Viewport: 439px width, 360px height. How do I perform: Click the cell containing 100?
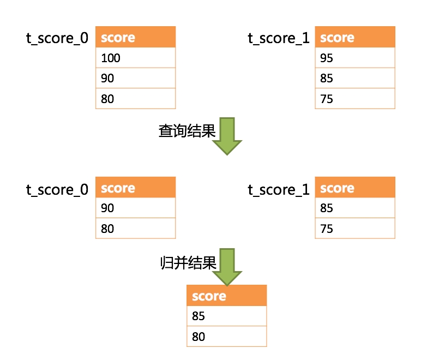pos(135,58)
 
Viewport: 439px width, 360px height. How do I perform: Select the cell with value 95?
pos(354,58)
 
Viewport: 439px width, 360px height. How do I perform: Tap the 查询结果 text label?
pos(187,131)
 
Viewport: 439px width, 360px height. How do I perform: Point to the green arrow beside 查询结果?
pos(226,136)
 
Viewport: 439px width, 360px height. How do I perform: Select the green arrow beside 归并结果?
pos(226,267)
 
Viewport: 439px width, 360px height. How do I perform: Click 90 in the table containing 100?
pos(135,79)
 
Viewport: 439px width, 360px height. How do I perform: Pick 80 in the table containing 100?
pos(135,99)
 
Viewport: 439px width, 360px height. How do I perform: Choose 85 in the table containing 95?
pos(354,79)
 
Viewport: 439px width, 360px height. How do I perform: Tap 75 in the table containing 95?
pos(354,99)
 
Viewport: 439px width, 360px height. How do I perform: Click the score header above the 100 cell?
pos(135,38)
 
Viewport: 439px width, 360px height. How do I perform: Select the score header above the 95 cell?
pos(354,38)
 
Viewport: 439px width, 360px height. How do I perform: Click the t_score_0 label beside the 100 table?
pos(57,38)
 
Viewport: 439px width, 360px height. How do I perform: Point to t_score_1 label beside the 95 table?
pos(279,38)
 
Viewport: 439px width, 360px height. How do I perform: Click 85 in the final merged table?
pos(226,316)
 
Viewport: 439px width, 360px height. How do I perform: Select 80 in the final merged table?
pos(226,337)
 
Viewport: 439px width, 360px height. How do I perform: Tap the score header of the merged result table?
pos(226,296)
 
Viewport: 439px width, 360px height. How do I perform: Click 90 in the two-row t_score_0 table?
pos(135,208)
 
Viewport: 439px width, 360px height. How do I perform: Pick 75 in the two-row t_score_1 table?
pos(354,229)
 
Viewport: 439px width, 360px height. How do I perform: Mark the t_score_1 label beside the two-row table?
pos(279,189)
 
